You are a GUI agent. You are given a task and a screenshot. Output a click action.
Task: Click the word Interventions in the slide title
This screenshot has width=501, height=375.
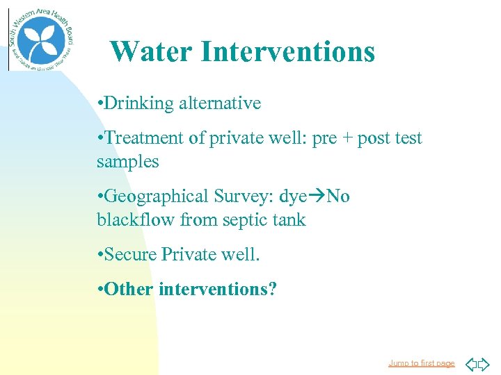coord(287,51)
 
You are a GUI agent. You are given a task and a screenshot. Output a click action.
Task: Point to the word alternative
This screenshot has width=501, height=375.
coord(220,103)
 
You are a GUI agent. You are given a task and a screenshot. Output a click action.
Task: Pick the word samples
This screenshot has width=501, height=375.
coord(128,162)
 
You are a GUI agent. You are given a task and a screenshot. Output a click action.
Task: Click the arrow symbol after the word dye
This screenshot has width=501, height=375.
coord(317,197)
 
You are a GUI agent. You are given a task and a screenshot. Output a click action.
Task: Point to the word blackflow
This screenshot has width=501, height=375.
coord(136,220)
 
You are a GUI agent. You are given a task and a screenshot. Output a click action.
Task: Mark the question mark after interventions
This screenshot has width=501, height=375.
coord(272,289)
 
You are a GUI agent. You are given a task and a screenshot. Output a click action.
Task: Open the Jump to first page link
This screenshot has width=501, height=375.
coord(421,363)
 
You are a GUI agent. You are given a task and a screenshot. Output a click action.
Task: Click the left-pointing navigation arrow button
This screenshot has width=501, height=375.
coord(470,363)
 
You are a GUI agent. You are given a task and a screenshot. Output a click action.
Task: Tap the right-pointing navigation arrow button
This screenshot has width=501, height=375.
coord(484,363)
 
